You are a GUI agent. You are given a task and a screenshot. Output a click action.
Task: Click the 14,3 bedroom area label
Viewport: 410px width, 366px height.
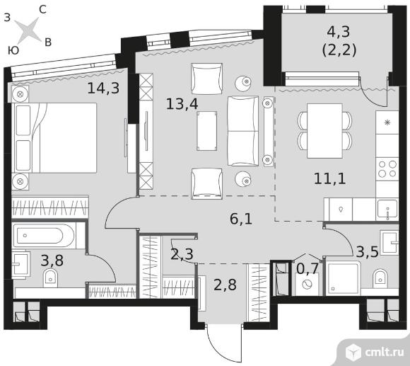click(103, 88)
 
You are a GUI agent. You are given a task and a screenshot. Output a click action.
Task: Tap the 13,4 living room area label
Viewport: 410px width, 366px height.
click(182, 104)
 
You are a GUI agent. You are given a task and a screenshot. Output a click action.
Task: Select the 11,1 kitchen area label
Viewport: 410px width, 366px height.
click(329, 179)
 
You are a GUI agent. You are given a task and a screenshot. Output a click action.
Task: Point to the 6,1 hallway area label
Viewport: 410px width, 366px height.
click(241, 219)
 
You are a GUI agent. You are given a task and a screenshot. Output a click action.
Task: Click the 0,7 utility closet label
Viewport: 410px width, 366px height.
click(307, 268)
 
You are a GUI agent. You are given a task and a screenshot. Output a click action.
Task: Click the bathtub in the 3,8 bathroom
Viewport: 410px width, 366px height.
click(44, 235)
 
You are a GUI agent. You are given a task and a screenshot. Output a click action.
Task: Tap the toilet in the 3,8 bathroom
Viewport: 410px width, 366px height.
click(51, 278)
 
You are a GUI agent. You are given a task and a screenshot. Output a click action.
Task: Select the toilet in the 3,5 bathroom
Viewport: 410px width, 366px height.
click(380, 278)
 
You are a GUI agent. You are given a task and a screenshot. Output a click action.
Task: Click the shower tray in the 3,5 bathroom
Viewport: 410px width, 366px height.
click(343, 278)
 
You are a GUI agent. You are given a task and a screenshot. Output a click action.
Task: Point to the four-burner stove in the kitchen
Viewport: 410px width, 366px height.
click(387, 169)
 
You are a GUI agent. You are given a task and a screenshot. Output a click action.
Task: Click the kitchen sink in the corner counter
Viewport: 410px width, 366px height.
click(387, 209)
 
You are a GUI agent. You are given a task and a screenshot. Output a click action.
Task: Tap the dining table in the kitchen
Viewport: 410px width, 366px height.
click(324, 131)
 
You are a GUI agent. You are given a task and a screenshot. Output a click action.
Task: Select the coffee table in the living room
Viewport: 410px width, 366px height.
click(207, 131)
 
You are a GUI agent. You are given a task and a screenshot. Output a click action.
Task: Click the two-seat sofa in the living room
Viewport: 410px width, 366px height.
click(243, 131)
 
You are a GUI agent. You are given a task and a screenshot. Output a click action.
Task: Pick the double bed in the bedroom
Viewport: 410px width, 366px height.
click(54, 138)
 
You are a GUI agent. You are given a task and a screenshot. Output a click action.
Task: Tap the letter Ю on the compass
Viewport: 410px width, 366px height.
click(13, 50)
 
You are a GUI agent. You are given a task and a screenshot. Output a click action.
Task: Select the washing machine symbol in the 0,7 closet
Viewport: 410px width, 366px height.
click(307, 285)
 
